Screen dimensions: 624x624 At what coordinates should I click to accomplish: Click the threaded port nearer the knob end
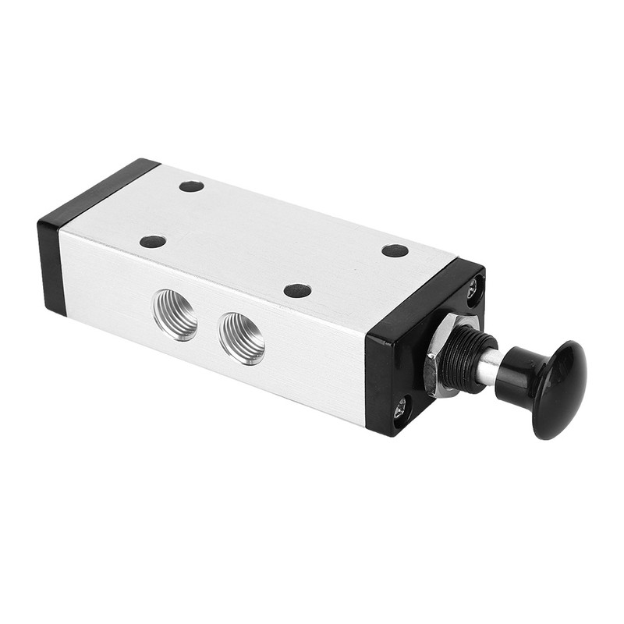tap(241, 337)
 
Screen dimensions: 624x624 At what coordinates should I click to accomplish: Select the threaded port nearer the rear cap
tap(175, 314)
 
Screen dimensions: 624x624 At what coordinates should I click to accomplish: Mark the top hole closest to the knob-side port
tap(298, 290)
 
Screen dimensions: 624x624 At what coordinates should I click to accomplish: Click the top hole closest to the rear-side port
tap(153, 241)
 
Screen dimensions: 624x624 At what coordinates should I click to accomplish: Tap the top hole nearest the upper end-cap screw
tap(395, 250)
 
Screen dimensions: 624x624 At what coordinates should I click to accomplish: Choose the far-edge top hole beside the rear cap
tap(191, 186)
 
